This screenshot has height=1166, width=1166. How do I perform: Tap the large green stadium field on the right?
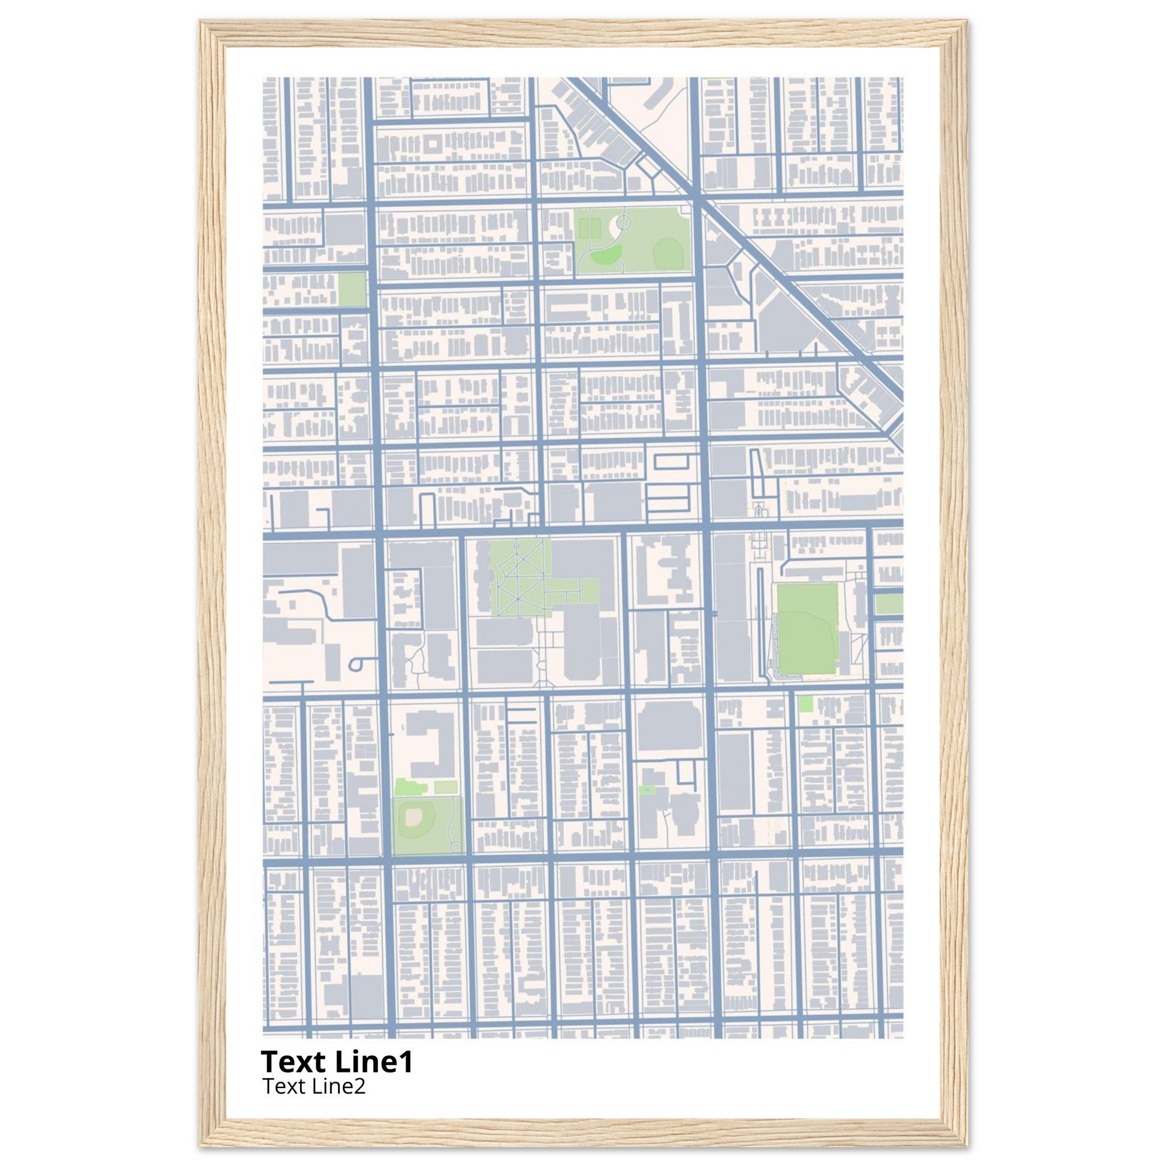(x=807, y=629)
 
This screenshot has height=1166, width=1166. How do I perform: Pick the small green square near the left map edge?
(x=352, y=289)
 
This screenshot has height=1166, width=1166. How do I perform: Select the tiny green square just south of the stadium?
(x=804, y=704)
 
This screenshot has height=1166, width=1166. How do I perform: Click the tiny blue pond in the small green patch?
(x=647, y=790)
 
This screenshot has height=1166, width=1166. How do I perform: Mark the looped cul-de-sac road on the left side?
(x=356, y=664)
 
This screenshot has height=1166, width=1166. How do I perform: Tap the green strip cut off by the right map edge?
(x=888, y=603)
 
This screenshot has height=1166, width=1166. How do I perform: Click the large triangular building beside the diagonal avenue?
(x=785, y=320)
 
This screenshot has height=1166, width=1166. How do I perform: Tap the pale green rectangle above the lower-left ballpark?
(x=445, y=787)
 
